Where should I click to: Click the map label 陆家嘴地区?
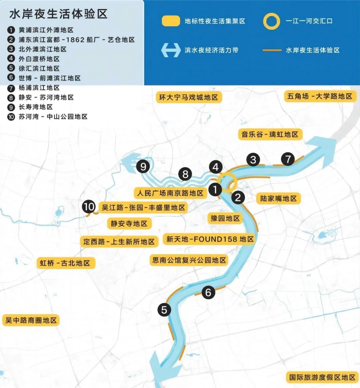(279, 199)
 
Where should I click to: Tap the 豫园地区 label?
(225, 219)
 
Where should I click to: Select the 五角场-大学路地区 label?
(320, 96)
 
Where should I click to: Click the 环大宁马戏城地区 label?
(189, 97)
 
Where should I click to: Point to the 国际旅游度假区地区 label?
(322, 377)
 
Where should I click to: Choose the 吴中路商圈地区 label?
(31, 320)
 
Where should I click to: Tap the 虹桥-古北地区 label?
(65, 263)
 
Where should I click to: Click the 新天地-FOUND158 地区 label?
(210, 239)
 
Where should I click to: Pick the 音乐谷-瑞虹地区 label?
(270, 134)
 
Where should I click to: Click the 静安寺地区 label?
(129, 224)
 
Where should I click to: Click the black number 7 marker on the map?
(288, 159)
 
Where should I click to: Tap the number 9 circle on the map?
(143, 166)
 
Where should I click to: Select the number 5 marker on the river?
(164, 310)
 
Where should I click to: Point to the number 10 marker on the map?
(89, 207)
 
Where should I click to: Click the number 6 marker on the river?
(208, 293)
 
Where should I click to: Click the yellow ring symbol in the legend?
(271, 21)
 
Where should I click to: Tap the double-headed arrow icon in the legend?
(171, 50)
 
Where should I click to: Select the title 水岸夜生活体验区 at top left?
(59, 14)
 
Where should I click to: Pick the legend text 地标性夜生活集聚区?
(215, 21)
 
